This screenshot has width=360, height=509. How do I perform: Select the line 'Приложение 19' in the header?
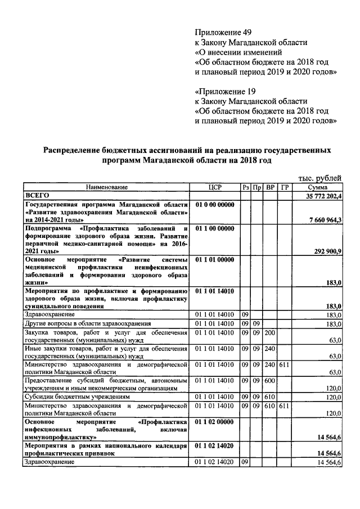pos(223,91)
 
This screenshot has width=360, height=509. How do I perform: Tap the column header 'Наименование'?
pos(107,187)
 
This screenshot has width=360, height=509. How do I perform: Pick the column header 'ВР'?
pos(270,187)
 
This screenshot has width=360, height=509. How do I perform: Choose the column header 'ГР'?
pos(285,187)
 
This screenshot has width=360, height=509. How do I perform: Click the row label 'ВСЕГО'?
pos(37,195)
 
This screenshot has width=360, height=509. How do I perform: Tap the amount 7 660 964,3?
pos(325,219)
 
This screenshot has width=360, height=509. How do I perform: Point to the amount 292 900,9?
pos(327,251)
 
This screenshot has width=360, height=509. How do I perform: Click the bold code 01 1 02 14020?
pos(215,445)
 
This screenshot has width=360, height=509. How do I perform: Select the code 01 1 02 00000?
pos(215,421)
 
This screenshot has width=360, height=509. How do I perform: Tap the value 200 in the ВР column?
pos(270,332)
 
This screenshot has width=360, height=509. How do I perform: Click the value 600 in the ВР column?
pos(270,381)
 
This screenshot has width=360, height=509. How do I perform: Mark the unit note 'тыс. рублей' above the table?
pos(320,178)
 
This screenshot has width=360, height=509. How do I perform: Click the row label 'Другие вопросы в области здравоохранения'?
pos(87,324)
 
